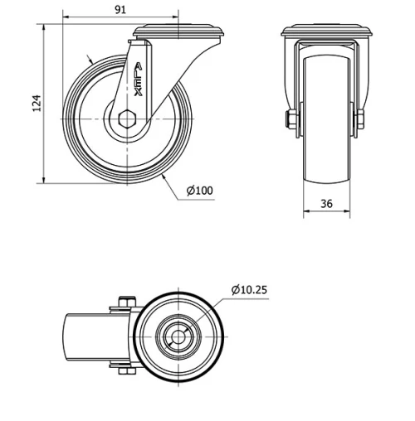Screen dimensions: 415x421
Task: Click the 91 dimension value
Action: tap(120, 10)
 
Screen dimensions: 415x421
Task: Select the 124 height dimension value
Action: tap(37, 104)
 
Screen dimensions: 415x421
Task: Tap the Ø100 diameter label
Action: tap(200, 191)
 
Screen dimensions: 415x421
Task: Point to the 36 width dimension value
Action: tap(326, 204)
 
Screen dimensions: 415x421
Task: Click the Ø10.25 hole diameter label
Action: tap(249, 290)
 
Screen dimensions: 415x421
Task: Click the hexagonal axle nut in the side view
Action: tap(127, 119)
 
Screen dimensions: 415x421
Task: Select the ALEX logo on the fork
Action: tap(139, 80)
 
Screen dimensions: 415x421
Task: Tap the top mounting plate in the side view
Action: tap(178, 31)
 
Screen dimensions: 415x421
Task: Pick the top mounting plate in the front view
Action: tap(326, 31)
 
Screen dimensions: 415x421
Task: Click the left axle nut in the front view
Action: tap(290, 119)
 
